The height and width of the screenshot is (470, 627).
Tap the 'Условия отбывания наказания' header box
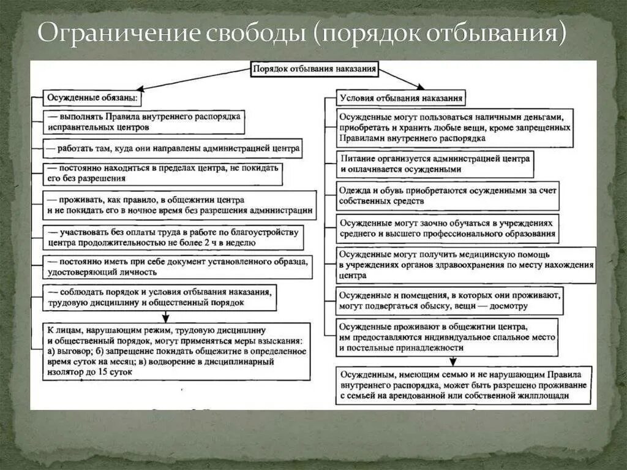coord(400,97)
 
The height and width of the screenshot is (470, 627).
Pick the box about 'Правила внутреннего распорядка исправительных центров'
coord(144,121)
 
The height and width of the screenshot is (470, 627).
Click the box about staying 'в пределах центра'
coord(163,173)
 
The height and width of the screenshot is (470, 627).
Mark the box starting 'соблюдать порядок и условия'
coord(159,297)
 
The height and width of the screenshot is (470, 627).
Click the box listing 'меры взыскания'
coord(176,351)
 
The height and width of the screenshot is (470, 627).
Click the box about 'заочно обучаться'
coord(448,229)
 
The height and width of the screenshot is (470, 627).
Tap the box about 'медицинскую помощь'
coord(465,265)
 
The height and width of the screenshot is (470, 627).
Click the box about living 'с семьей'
coord(464,385)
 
